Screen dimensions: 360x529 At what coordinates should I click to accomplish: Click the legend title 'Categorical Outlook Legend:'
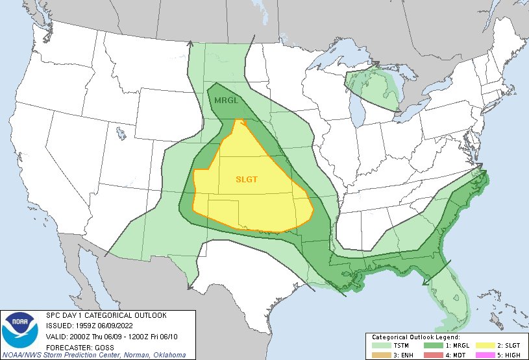coord(415,337)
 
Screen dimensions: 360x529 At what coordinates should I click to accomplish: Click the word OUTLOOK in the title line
coord(148,315)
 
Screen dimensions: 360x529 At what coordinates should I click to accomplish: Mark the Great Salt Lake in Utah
coord(121,134)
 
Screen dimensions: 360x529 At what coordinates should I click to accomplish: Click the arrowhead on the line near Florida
coord(426,281)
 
